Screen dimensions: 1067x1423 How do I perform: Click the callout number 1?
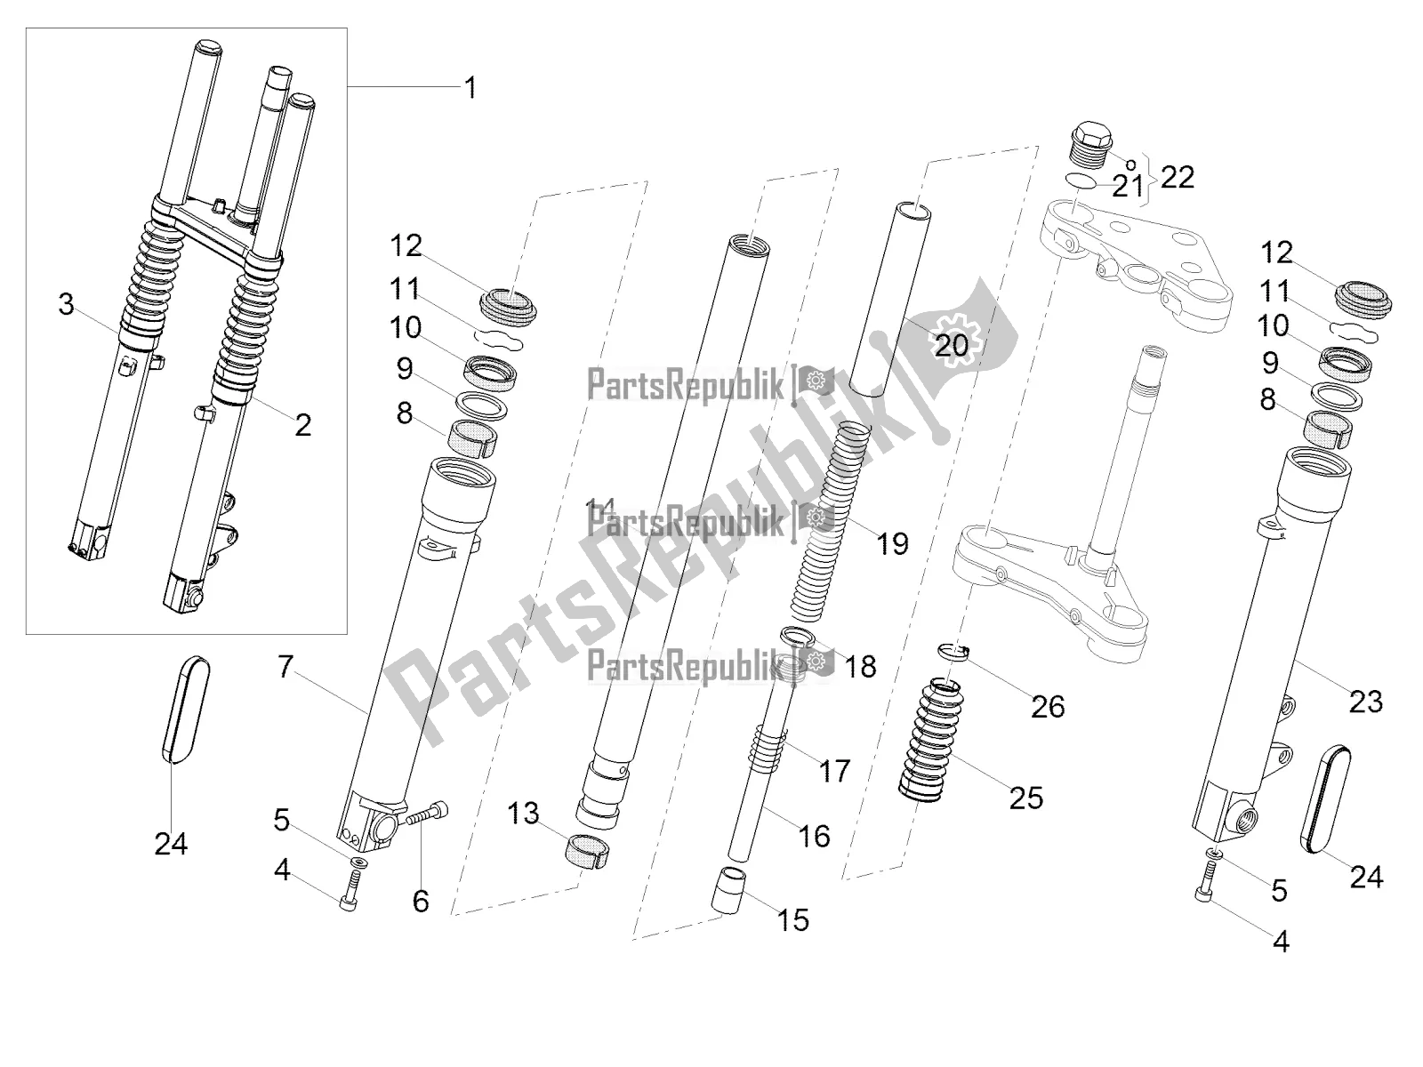[470, 88]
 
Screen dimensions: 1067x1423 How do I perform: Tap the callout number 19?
[892, 543]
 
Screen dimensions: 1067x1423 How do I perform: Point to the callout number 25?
[1025, 798]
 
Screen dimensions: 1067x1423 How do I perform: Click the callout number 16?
[815, 836]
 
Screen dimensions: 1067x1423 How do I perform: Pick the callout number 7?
[285, 666]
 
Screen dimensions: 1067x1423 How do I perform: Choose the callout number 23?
[1366, 702]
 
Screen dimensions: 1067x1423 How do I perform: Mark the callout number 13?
[524, 813]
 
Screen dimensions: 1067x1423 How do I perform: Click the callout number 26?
[1048, 706]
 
